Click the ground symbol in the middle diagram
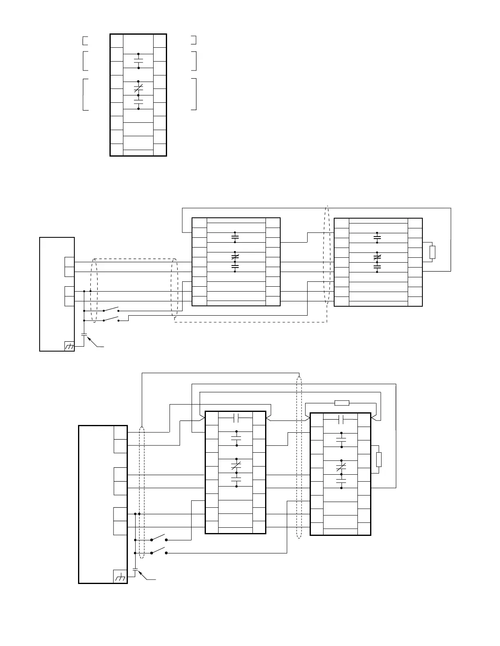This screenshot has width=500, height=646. [69, 346]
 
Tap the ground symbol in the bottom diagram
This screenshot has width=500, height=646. [120, 577]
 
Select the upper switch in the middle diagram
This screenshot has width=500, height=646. [111, 309]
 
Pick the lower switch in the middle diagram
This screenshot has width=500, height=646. [111, 319]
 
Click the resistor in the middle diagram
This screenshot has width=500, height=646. [433, 252]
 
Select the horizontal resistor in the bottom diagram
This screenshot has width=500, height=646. [342, 403]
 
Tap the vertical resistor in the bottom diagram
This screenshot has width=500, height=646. [379, 459]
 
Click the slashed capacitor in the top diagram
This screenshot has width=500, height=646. [138, 88]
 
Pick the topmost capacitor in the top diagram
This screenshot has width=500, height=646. [138, 61]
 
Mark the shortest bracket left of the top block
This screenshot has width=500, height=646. [85, 40]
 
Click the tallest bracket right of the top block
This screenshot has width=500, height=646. [194, 94]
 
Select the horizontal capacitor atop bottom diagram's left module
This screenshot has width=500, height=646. [236, 418]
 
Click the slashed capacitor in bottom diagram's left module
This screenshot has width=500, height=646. [236, 465]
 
